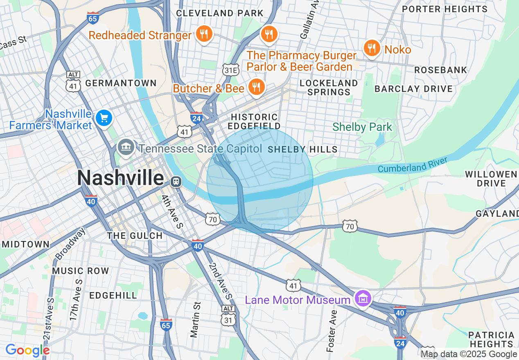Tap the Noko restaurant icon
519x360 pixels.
tap(371, 49)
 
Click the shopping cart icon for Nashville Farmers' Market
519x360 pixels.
tap(104, 119)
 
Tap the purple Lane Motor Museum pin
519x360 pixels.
tap(363, 299)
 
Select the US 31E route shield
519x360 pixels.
tap(230, 70)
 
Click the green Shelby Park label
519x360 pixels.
tap(362, 127)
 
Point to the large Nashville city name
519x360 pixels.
tap(120, 178)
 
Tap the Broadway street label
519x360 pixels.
tap(70, 244)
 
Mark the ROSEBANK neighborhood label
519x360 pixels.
tap(440, 70)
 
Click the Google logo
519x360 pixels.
tap(27, 350)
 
